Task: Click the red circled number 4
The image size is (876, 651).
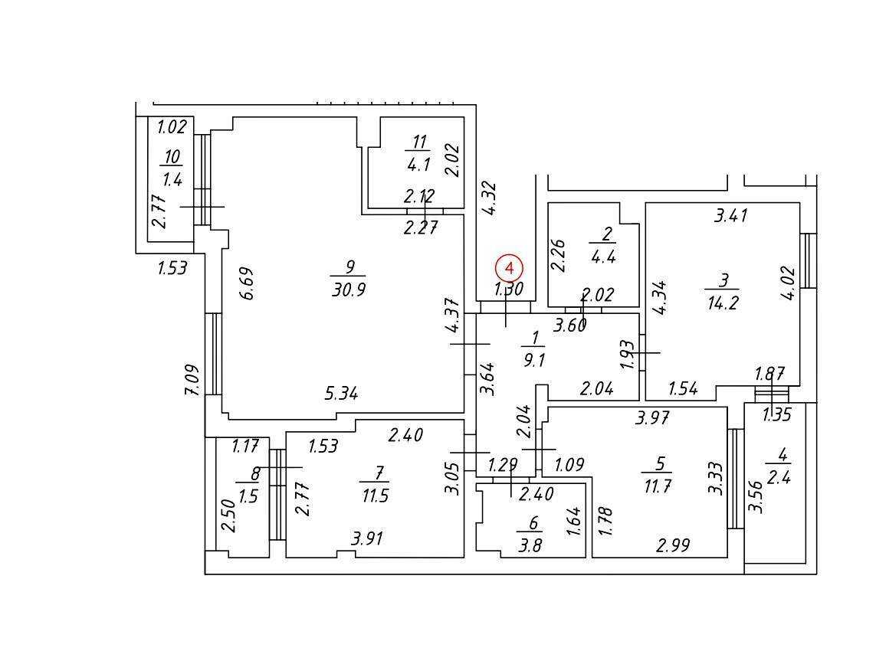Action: [509, 268]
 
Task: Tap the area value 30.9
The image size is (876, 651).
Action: [349, 290]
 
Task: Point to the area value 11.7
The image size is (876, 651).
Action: [657, 486]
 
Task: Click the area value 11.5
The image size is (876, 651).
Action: [375, 496]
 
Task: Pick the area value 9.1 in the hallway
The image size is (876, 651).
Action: [534, 360]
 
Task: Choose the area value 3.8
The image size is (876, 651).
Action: [530, 545]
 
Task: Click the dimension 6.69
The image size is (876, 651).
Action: [248, 283]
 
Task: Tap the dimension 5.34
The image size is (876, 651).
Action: [341, 393]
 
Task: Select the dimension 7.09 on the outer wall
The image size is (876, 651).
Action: [192, 380]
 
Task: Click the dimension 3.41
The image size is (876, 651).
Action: [731, 215]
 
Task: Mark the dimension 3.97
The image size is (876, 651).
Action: [652, 417]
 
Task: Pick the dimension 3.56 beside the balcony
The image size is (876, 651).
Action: [756, 497]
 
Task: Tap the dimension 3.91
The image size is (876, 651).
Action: [367, 538]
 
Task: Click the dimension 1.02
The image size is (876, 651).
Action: [172, 126]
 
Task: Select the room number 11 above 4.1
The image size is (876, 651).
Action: [419, 141]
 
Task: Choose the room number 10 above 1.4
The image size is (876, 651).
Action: [172, 157]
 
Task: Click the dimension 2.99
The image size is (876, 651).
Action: [673, 545]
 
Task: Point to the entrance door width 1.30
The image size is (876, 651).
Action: [509, 290]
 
